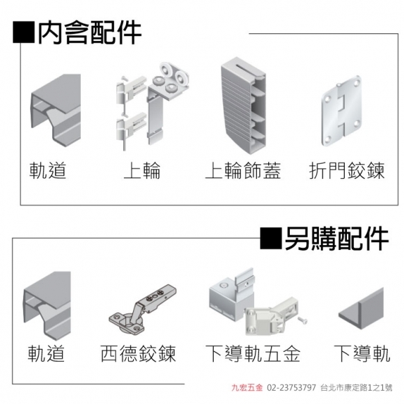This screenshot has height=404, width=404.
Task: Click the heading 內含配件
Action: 90,33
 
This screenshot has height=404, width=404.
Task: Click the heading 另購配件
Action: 336,239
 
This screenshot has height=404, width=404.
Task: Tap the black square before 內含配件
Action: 24,33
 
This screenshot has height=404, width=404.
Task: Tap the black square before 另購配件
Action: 271,238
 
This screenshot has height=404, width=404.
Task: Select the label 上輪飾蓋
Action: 243,171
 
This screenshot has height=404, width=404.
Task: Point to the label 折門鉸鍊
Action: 347,171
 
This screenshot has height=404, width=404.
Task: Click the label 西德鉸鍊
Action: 138,354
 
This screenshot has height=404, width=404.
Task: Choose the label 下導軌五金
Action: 253,354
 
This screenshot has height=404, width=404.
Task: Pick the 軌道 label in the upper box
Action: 47,171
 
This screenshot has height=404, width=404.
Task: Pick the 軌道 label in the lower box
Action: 46,354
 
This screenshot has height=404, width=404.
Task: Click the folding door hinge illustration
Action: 341,110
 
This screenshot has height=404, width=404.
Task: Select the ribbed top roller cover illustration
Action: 243,106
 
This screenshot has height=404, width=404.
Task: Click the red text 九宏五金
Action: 247,387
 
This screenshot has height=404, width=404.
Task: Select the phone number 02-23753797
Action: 291,387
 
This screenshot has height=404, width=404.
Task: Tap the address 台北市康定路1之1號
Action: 357,387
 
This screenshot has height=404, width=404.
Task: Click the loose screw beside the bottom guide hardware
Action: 302,320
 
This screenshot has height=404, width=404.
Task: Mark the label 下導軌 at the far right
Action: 362,354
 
